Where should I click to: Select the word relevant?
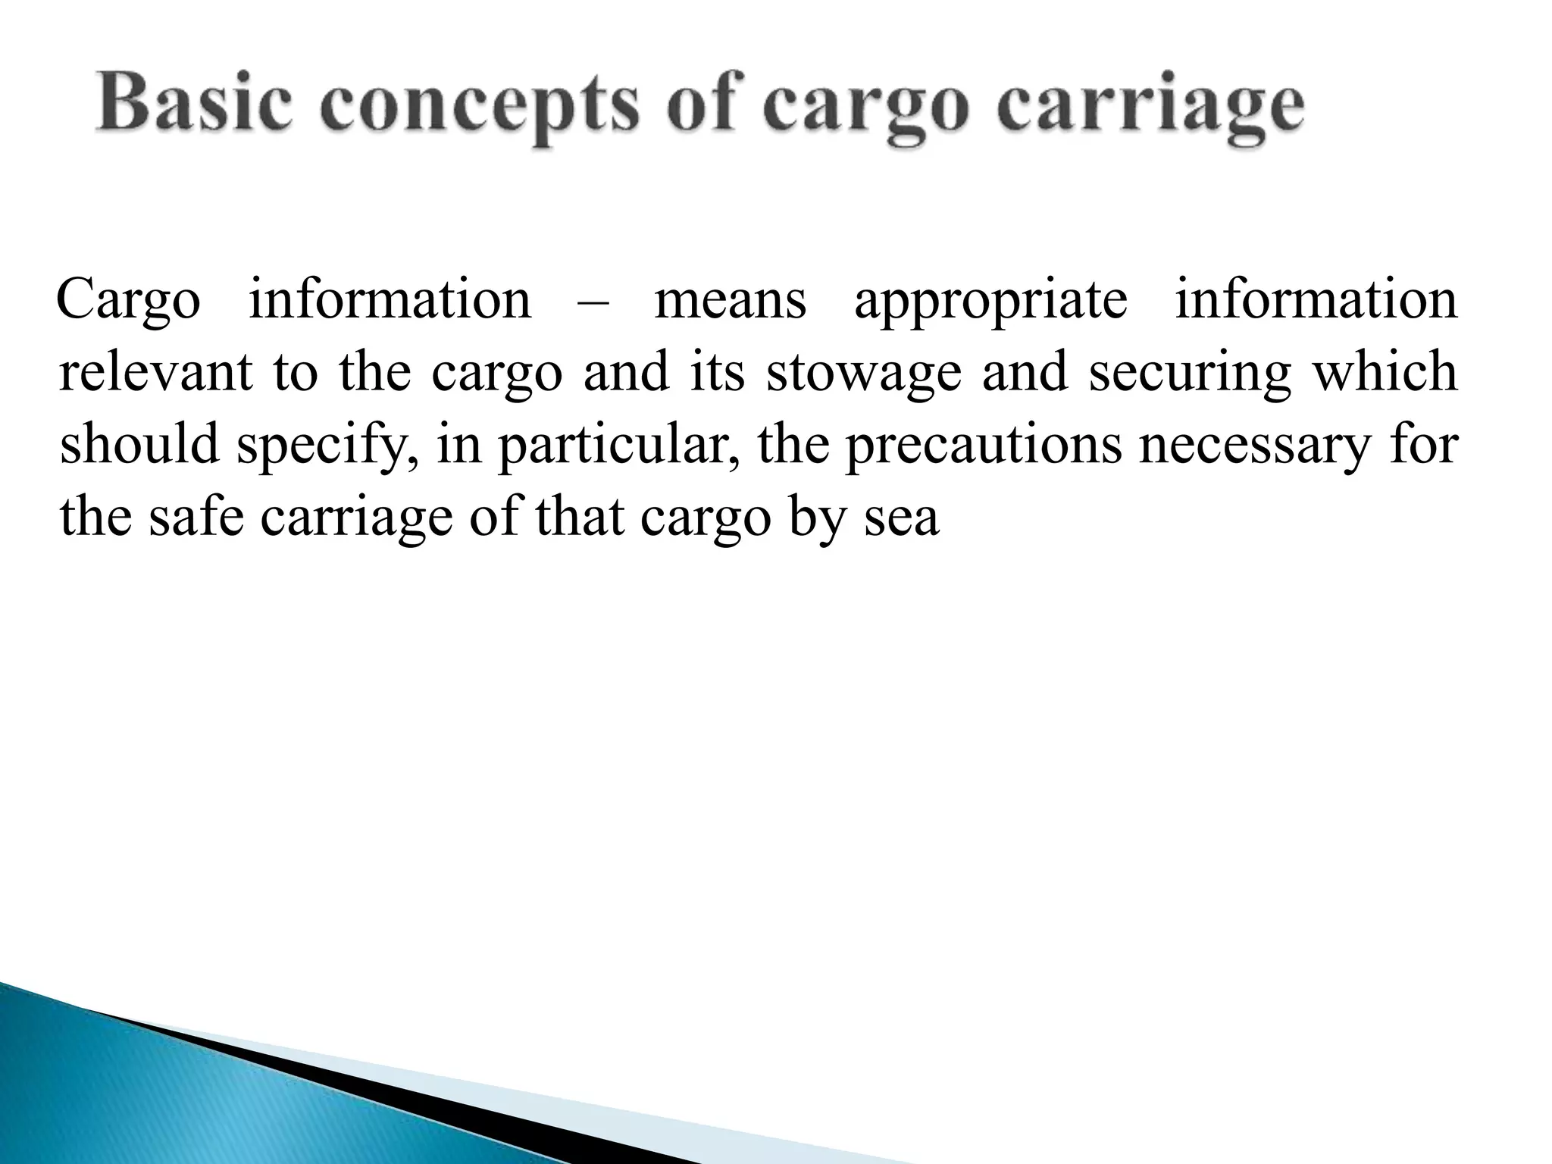(x=155, y=372)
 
